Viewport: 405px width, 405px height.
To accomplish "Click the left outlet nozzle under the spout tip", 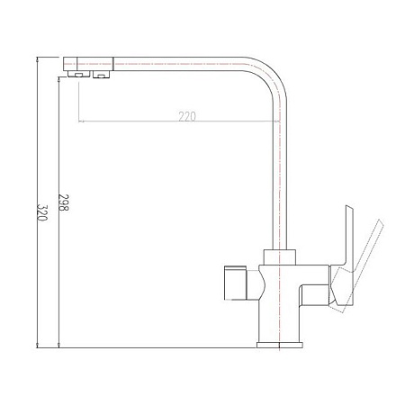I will (80, 76).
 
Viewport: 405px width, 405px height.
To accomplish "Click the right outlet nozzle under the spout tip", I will (99, 76).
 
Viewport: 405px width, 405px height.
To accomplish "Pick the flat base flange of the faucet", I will (283, 343).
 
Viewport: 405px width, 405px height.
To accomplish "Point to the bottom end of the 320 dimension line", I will (36, 346).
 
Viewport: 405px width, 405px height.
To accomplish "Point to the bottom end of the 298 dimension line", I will (58, 346).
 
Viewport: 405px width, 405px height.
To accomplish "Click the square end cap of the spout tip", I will (70, 64).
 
